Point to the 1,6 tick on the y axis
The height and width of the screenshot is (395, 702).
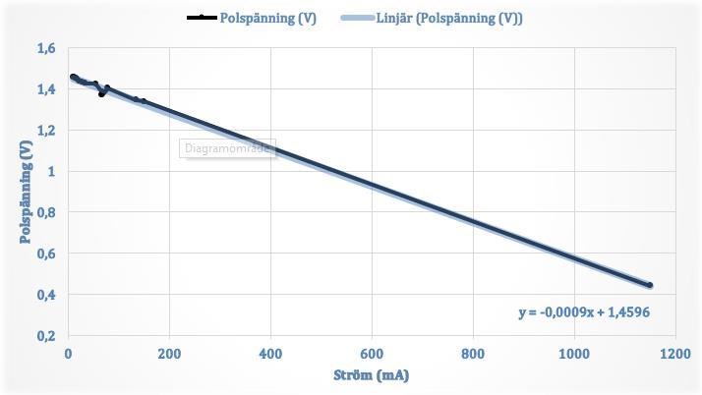click(x=46, y=48)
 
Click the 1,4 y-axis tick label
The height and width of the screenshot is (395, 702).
click(x=46, y=89)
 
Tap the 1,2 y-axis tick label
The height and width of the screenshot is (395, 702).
click(x=46, y=131)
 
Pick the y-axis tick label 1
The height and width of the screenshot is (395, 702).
click(x=51, y=172)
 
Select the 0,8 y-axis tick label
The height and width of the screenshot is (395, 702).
click(x=46, y=212)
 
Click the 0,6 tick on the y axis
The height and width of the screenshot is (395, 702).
click(x=46, y=254)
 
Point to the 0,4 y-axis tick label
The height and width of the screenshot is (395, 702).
click(x=46, y=295)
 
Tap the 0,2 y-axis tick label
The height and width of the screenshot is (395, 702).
click(x=46, y=336)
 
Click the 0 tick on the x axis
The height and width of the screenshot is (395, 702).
click(x=68, y=354)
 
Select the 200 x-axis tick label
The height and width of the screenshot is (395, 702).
click(x=169, y=354)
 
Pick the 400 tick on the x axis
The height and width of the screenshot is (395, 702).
click(x=270, y=354)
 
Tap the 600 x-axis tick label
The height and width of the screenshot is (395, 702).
click(x=372, y=354)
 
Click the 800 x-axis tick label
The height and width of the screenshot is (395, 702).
click(x=473, y=354)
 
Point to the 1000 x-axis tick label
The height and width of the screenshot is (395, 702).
click(x=574, y=354)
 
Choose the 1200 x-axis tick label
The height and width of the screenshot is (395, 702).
click(x=674, y=354)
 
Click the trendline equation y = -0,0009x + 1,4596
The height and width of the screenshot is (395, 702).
click(x=584, y=312)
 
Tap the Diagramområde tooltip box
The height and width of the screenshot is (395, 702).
click(x=228, y=149)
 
